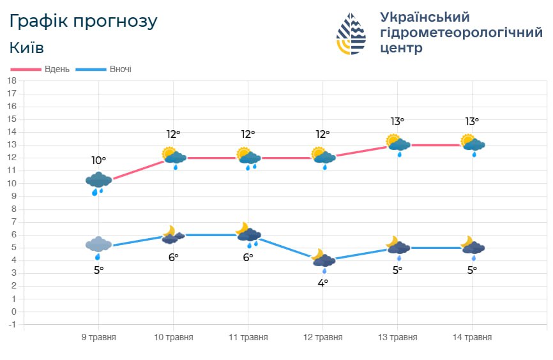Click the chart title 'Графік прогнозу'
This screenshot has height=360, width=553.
(83, 21)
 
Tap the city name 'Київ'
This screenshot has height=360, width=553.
(27, 48)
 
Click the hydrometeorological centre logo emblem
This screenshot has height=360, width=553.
(351, 33)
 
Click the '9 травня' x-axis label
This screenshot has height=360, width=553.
(98, 337)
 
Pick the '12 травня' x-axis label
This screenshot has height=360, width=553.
(322, 337)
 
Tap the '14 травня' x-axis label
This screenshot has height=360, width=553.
(472, 337)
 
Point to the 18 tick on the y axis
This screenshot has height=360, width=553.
(11, 81)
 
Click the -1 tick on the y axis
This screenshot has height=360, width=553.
(11, 325)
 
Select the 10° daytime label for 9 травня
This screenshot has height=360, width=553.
(98, 160)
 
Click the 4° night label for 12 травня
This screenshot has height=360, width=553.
(322, 282)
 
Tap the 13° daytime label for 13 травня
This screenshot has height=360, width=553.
(397, 121)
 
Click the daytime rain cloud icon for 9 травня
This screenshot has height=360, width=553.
(98, 183)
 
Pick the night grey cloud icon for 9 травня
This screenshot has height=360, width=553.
(98, 246)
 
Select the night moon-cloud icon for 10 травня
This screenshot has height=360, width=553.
(172, 235)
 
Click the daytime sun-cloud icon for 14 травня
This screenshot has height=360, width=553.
(473, 145)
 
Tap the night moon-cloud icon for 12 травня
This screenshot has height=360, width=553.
(322, 259)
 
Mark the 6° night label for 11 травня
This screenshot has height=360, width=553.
(248, 257)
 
